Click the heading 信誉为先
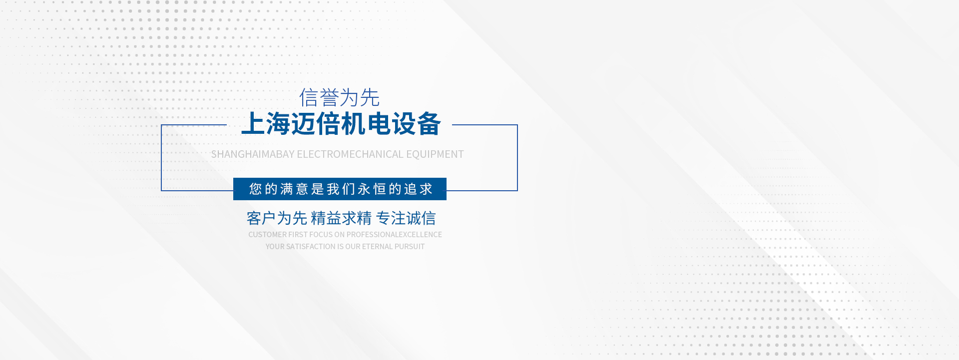click(x=339, y=98)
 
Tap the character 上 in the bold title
click(x=253, y=124)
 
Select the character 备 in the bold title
click(x=429, y=124)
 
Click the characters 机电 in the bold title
click(x=366, y=124)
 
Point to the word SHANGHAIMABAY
click(x=253, y=154)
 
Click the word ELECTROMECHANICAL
click(x=350, y=154)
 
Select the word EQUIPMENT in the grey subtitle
click(x=435, y=154)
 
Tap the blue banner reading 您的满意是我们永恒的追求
click(x=340, y=189)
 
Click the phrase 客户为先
click(x=277, y=218)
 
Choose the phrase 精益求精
click(x=341, y=218)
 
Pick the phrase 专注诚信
click(x=406, y=218)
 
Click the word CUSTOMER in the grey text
click(x=268, y=235)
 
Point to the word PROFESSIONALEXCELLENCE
click(x=394, y=235)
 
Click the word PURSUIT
click(x=410, y=247)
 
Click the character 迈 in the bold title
click(x=303, y=124)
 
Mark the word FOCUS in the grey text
click(x=321, y=235)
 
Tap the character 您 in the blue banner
click(x=256, y=189)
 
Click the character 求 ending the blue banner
click(x=426, y=189)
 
